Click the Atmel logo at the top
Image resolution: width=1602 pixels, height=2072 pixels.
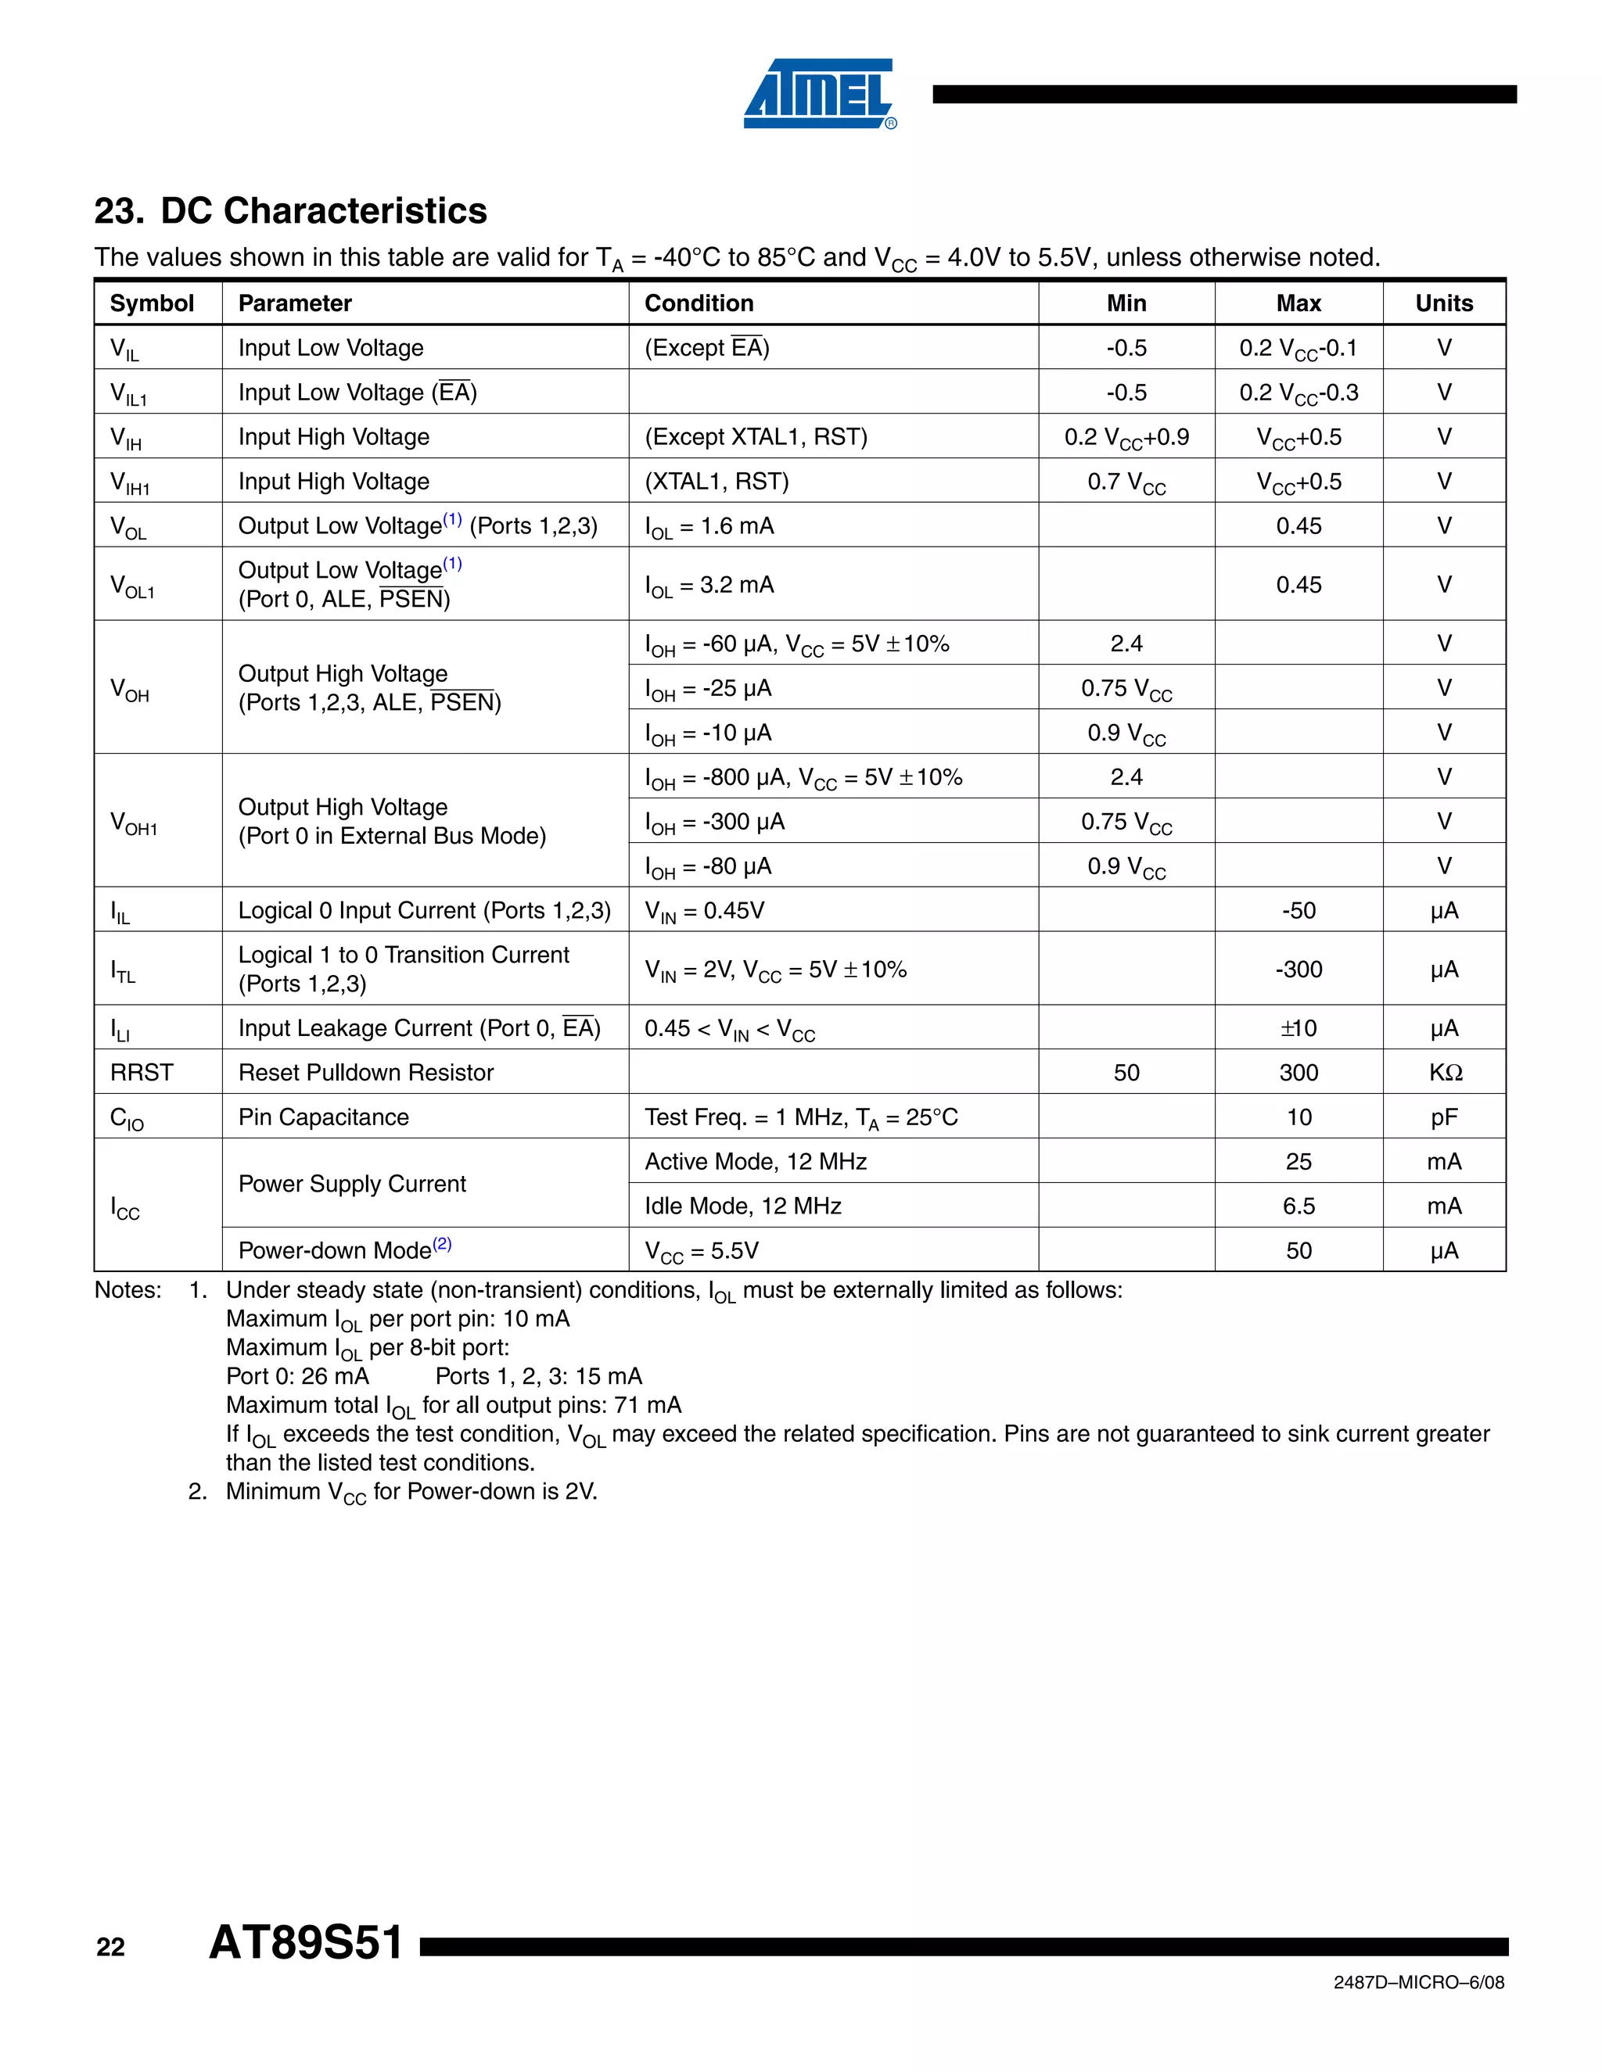(x=819, y=94)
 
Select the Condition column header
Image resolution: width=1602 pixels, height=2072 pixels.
(x=699, y=303)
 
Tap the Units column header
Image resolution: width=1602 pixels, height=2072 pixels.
(x=1443, y=303)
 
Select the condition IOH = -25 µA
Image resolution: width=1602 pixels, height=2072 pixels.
(x=708, y=689)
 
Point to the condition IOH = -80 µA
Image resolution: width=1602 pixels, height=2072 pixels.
(x=708, y=867)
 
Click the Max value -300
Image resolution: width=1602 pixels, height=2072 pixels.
(x=1298, y=970)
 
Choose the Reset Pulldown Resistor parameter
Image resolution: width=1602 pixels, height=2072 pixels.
(x=365, y=1073)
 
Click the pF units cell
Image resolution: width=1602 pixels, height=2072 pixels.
(x=1443, y=1117)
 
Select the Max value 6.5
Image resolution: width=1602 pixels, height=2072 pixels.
(x=1298, y=1206)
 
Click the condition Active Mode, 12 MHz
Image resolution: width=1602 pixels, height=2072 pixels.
(x=756, y=1162)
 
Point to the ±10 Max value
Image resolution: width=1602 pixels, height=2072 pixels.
(x=1298, y=1028)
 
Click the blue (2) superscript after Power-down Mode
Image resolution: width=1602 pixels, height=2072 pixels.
(x=442, y=1244)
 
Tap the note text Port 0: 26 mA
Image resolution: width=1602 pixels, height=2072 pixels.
(x=297, y=1377)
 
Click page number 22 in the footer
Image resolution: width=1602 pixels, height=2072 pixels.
(x=110, y=1948)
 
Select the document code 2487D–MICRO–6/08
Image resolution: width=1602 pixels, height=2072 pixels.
(x=1418, y=1983)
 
